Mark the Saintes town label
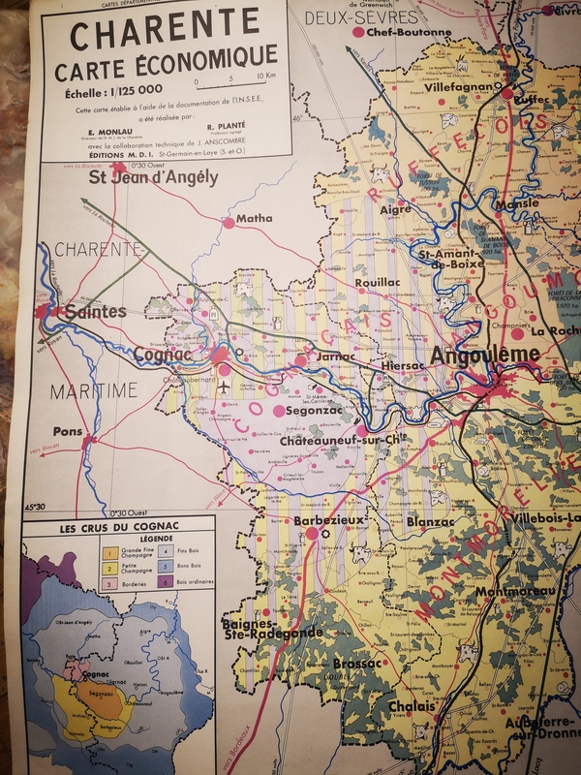pyautogui.click(x=94, y=312)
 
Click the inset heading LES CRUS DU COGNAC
pyautogui.click(x=118, y=529)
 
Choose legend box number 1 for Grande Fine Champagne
pyautogui.click(x=109, y=549)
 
